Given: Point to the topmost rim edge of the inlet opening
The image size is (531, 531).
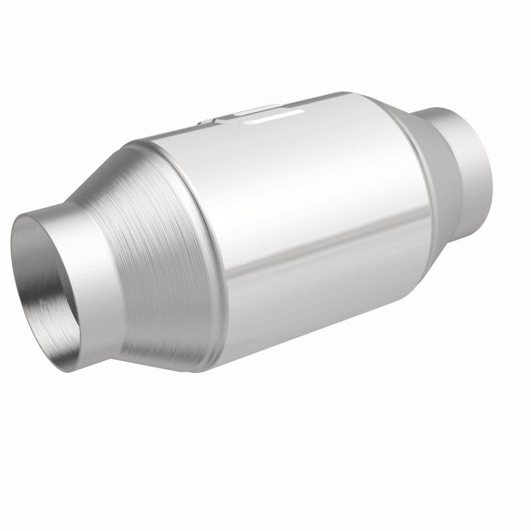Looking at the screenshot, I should point(46,213).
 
